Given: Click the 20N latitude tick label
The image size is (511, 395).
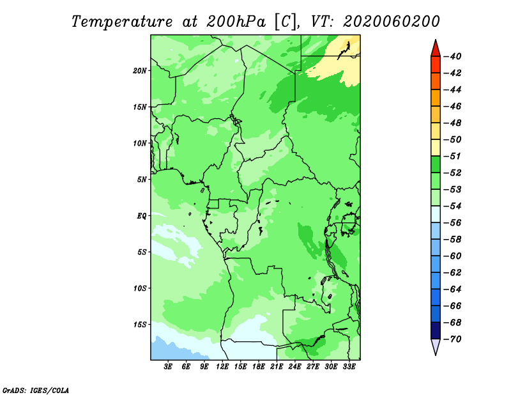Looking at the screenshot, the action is (140, 71).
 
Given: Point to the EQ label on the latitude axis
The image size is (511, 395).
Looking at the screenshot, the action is (141, 216).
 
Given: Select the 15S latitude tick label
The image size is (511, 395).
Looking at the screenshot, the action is (140, 325).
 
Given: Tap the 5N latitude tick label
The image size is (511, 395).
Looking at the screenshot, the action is (142, 180).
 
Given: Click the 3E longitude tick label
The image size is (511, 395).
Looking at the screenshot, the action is (168, 366).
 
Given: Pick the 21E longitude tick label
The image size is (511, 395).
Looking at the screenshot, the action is (277, 366).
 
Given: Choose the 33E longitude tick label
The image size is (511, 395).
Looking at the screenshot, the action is (349, 366).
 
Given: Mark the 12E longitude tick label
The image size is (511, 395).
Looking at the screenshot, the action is (222, 366).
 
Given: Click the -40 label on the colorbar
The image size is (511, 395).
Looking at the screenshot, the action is (453, 56).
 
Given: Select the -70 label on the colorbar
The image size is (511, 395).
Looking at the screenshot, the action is (453, 339).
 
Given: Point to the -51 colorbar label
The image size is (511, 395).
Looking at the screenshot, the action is (453, 156).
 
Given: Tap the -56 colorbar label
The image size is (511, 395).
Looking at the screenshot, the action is (453, 223).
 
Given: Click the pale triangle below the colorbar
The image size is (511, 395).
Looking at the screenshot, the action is (436, 346).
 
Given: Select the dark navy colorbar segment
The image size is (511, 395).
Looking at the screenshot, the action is (436, 330).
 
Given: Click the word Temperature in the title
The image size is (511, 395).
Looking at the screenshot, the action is (122, 22).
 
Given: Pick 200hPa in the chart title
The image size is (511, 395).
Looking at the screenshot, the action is (236, 22).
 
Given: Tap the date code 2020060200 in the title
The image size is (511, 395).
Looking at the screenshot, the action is (392, 22).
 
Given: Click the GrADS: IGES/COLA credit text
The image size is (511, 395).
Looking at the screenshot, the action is (36, 391).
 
